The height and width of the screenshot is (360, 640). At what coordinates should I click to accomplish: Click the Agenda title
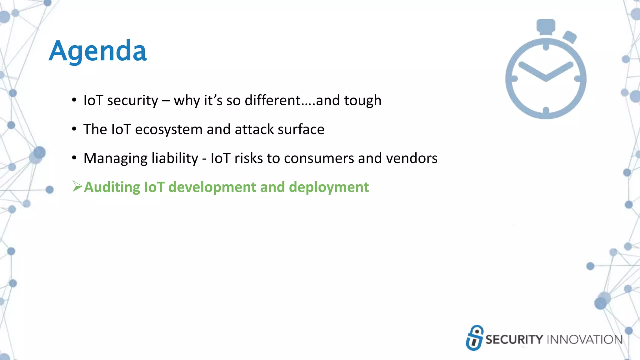pyautogui.click(x=97, y=51)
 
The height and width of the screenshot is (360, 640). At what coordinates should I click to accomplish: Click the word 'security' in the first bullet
pyautogui.click(x=132, y=101)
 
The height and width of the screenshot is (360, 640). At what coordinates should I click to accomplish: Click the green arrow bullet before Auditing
pyautogui.click(x=77, y=186)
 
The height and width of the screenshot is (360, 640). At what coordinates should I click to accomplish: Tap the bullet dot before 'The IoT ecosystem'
pyautogui.click(x=74, y=129)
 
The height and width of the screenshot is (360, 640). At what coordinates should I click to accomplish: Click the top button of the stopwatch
pyautogui.click(x=546, y=26)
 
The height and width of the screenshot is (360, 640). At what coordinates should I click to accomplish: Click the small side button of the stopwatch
pyautogui.click(x=570, y=37)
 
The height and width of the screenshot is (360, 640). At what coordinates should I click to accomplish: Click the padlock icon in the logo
pyautogui.click(x=474, y=337)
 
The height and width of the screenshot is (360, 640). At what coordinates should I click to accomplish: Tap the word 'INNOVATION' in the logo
pyautogui.click(x=585, y=340)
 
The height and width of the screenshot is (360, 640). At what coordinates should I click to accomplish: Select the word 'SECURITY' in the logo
pyautogui.click(x=514, y=340)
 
